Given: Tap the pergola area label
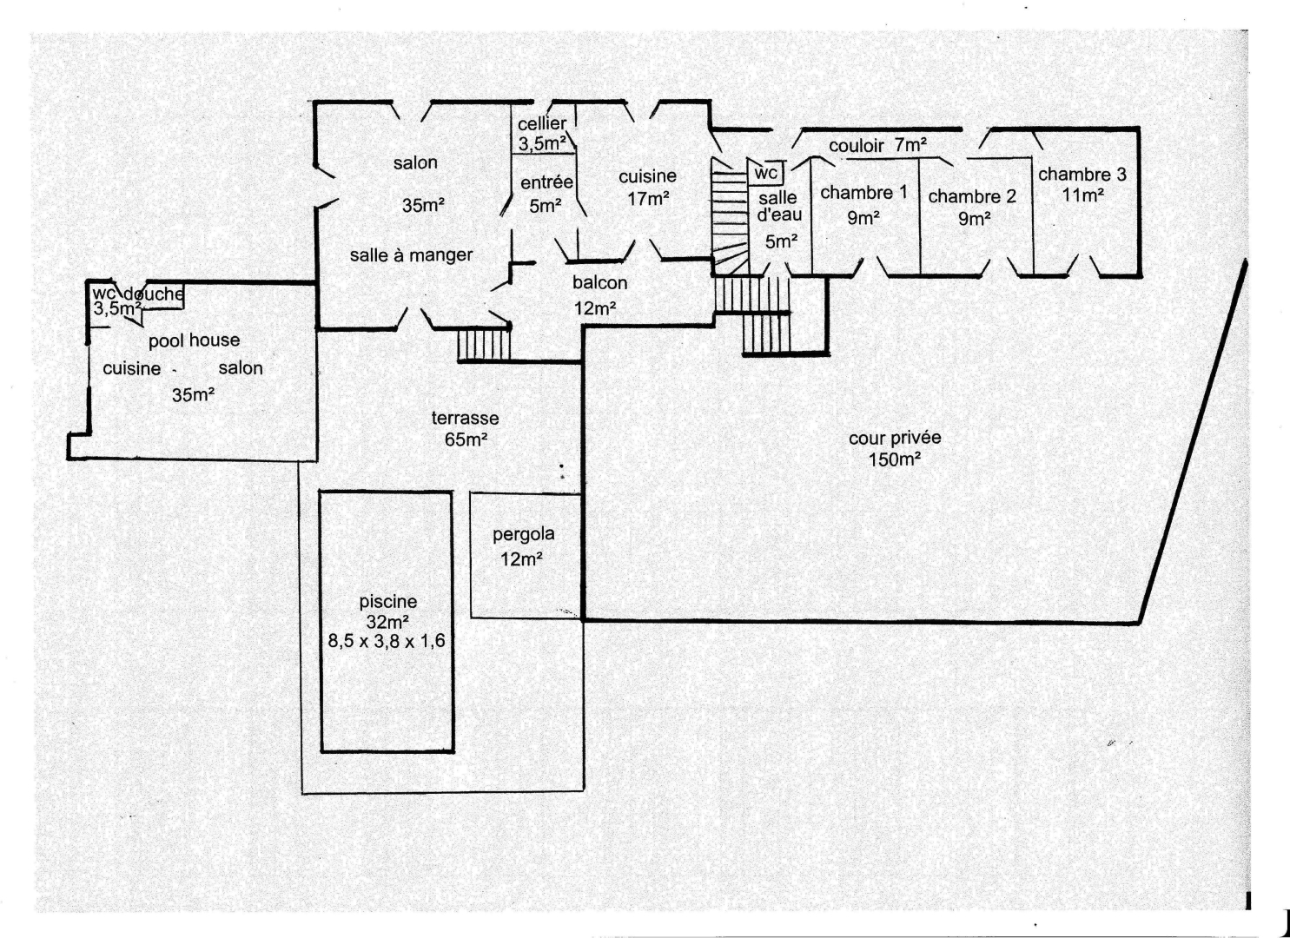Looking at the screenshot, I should pos(523,535).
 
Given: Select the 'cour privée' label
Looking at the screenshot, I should pos(895,439).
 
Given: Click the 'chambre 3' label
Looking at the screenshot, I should pos(1082,175).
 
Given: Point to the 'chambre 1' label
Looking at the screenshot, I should pos(863,193).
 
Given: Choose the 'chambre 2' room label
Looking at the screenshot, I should pos(972,196).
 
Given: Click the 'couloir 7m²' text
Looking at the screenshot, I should pos(877,146).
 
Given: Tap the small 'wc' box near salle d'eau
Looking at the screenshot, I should pos(766,173).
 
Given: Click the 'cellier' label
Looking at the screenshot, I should pos(542,124).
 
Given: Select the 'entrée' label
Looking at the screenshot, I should pos(546,182).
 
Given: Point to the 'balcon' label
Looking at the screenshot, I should pos(599,283).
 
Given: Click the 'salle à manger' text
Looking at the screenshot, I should pos(411,255).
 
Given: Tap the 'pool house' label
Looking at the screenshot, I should pos(194,340).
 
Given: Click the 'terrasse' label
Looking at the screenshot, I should pos(465,418).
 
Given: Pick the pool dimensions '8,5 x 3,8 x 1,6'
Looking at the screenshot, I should pos(387,642).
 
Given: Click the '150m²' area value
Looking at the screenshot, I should pos(895,459).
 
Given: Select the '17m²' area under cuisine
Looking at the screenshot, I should pos(648,199).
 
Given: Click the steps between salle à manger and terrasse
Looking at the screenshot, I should pos(483,344).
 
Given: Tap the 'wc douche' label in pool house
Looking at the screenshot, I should pos(138,294).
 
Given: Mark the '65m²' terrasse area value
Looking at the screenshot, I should pos(466,439).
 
